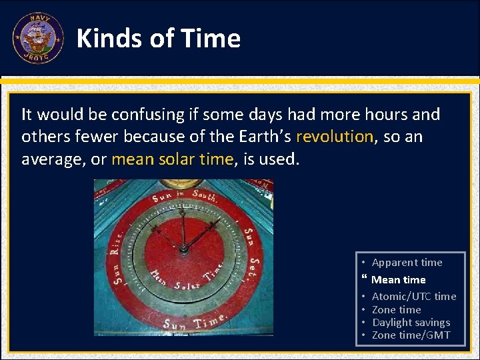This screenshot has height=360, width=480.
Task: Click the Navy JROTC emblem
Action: click(x=38, y=38)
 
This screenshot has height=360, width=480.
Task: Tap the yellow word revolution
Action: click(x=335, y=137)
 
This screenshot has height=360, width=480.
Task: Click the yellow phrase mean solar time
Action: click(x=173, y=159)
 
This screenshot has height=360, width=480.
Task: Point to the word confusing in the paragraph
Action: click(x=147, y=115)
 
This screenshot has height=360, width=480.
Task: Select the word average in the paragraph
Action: click(x=49, y=159)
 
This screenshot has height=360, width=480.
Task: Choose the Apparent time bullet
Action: click(x=407, y=263)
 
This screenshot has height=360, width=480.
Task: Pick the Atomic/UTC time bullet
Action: click(x=413, y=297)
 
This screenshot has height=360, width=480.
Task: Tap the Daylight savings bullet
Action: click(x=411, y=323)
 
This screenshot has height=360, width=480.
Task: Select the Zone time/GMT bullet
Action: click(x=411, y=335)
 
